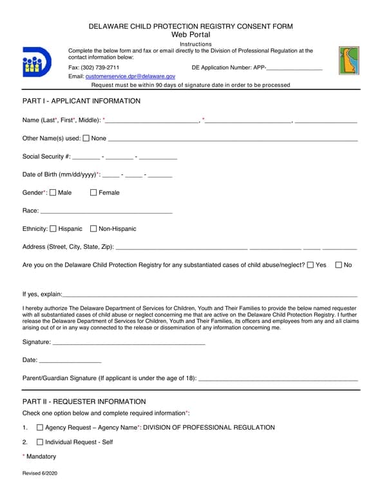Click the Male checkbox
[53, 192]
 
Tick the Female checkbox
[93, 192]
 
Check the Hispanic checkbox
[53, 228]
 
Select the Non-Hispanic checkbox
[93, 228]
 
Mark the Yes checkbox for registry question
[311, 264]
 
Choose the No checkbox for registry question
[339, 264]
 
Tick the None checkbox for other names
[86, 138]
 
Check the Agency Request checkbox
[40, 427]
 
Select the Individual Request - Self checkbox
[40, 442]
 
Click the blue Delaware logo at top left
[37, 62]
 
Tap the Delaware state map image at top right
[349, 60]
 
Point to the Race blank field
[106, 211]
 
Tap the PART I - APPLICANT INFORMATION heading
[81, 101]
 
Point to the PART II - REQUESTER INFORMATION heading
[84, 401]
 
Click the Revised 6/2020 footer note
[40, 473]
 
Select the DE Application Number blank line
[294, 68]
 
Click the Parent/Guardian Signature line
[278, 380]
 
